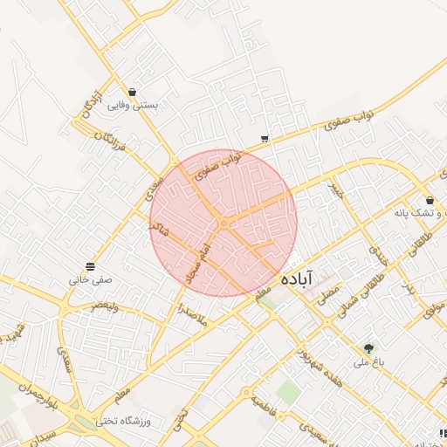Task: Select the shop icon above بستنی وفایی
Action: [132, 92]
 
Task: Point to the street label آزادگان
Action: [91, 104]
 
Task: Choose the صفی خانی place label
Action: [91, 281]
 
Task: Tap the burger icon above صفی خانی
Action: [91, 266]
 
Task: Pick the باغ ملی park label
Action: [368, 361]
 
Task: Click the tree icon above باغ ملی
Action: [368, 347]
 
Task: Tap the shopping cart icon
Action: [265, 138]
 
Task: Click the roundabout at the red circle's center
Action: [223, 223]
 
